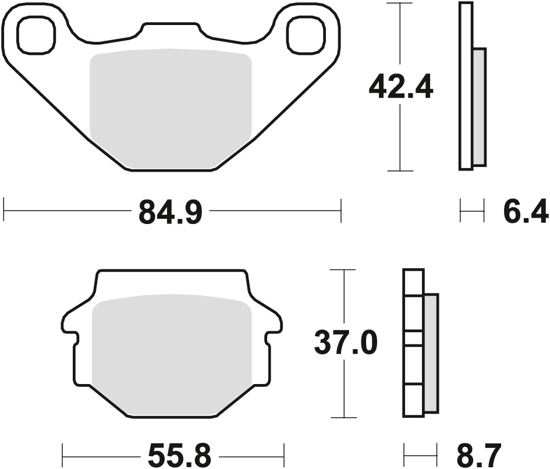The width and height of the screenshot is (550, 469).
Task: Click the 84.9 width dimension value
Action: [171, 211]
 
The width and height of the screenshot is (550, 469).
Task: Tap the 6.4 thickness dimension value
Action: [524, 211]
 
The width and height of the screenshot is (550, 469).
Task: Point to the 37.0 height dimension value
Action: [346, 343]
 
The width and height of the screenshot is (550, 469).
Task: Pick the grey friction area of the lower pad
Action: [172, 352]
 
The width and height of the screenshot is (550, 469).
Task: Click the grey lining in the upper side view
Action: [478, 106]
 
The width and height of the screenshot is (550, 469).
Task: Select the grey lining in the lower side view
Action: [431, 352]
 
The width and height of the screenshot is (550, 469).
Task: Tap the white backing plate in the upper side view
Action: [465, 86]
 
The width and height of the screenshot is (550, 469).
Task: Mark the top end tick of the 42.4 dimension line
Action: [400, 3]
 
